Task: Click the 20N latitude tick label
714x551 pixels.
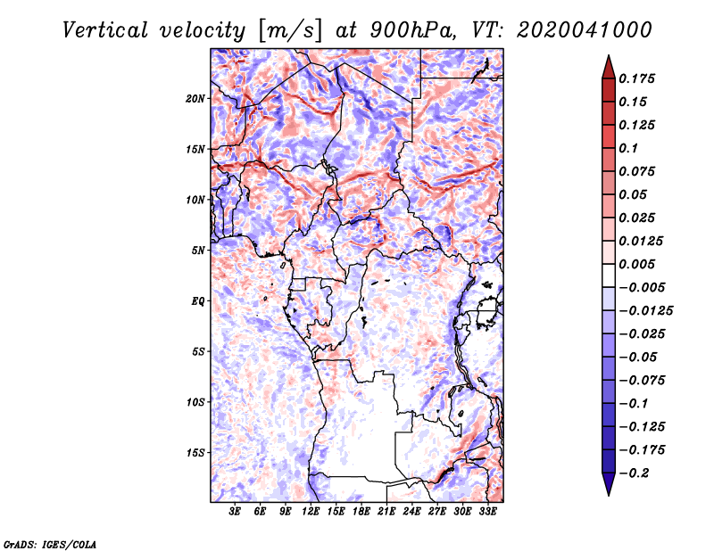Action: [x=195, y=98]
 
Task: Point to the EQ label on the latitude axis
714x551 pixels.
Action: [x=197, y=301]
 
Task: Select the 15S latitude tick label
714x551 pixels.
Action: [x=195, y=453]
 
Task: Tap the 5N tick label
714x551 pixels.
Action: [x=197, y=251]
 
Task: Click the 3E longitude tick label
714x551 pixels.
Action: [x=235, y=512]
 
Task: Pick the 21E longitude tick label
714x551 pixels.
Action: [x=387, y=512]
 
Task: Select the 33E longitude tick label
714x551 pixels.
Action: [x=488, y=512]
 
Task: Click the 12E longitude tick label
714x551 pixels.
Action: [x=311, y=512]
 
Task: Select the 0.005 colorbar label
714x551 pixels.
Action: [x=640, y=264]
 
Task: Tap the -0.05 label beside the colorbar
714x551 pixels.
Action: [x=640, y=357]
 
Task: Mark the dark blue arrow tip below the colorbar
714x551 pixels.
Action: [x=608, y=489]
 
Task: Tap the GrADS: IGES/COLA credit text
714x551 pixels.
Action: [x=49, y=543]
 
